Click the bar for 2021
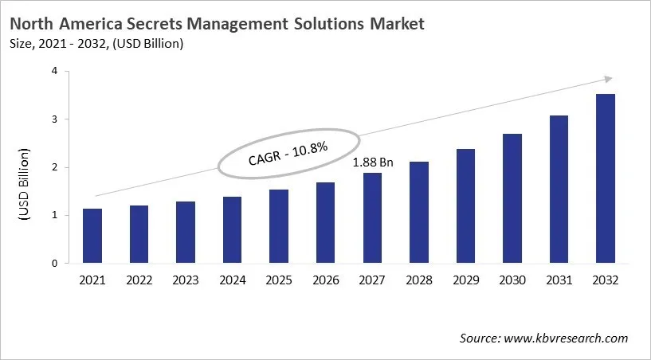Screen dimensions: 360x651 click(92, 236)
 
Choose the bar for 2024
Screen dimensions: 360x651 click(233, 230)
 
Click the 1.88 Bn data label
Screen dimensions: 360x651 click(374, 162)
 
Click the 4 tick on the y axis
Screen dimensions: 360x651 click(54, 71)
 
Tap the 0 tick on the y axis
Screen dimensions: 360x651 click(54, 264)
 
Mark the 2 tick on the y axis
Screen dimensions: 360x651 click(54, 167)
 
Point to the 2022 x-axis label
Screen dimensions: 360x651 click(139, 280)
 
